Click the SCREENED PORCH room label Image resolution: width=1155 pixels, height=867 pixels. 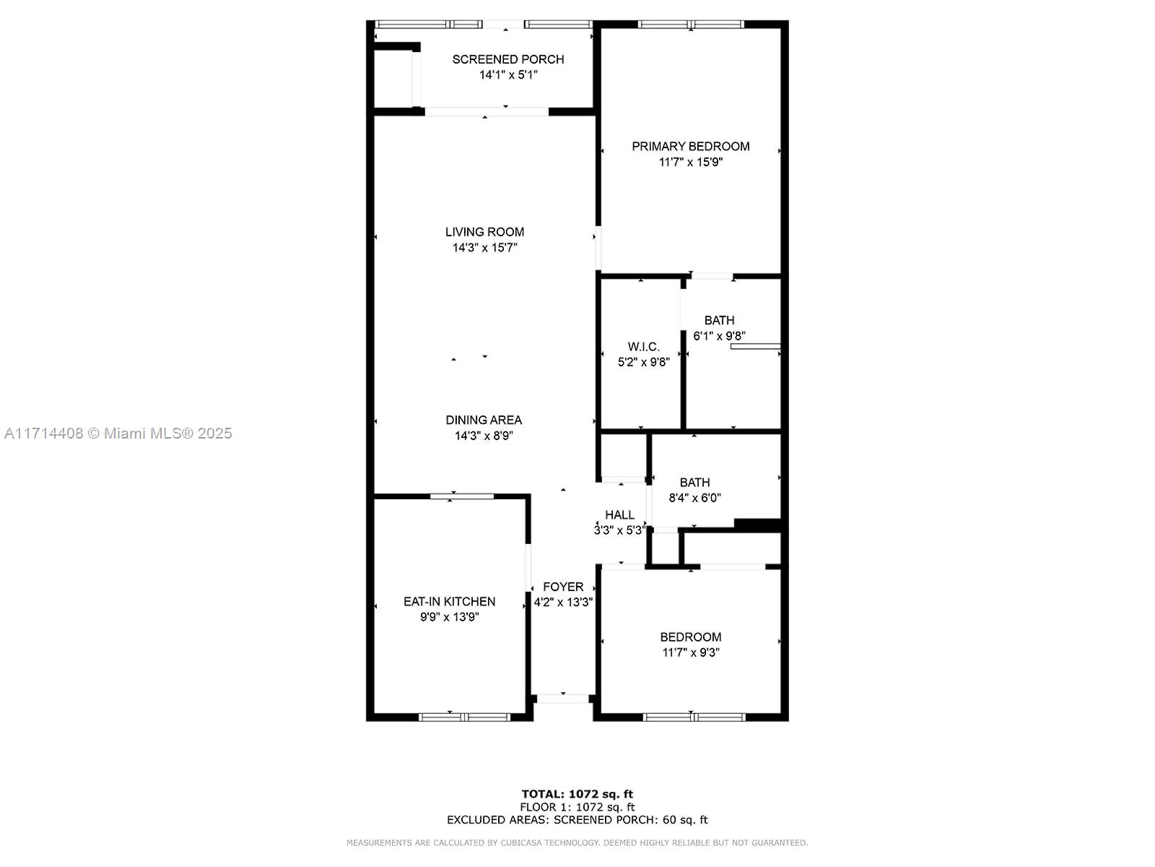pos(507,59)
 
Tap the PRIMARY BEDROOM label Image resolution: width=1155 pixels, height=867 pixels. pos(690,147)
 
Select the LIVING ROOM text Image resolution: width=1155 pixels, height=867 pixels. pos(484,232)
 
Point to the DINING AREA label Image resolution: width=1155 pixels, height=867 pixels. pos(484,420)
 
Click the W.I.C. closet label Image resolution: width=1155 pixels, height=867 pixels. pos(643,347)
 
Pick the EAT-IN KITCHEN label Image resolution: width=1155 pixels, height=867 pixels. pos(450,602)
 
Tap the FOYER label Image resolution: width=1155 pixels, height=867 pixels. pos(563,587)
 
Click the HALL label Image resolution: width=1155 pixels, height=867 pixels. pos(619,515)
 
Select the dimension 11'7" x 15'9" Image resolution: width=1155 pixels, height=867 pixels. pos(690,162)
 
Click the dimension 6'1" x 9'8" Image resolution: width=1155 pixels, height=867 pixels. pos(719,336)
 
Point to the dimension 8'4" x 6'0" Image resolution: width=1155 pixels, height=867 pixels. pos(694,498)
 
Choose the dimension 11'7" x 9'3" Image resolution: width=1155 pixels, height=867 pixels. pos(690,652)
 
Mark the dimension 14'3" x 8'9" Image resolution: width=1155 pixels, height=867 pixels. pos(484,436)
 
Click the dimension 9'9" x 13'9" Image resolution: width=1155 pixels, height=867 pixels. pos(450,617)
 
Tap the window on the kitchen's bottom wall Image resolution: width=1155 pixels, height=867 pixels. pos(464,717)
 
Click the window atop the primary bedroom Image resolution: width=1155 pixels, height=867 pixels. pos(690,25)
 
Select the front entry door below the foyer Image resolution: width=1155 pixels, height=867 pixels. pos(562,699)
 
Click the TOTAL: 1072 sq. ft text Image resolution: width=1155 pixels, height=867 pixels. pos(577,794)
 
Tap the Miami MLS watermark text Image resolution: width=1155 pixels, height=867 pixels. pos(118,433)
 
